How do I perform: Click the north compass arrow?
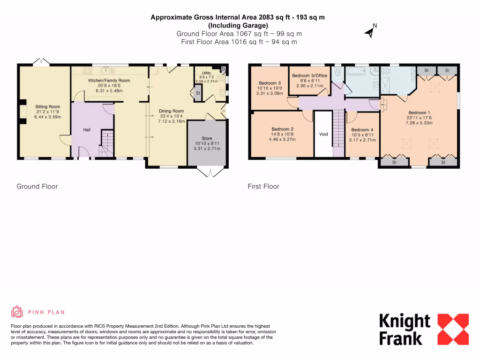(x=370, y=32)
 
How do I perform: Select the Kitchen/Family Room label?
(x=109, y=81)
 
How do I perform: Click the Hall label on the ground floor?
(x=87, y=129)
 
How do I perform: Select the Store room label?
(x=207, y=138)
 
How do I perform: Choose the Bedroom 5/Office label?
(x=310, y=75)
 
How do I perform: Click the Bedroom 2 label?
(x=282, y=129)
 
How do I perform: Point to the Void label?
(x=323, y=134)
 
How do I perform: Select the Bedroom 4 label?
(x=362, y=130)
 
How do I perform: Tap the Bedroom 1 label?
(x=420, y=112)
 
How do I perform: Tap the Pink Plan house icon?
(x=17, y=312)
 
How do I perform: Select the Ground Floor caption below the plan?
(x=37, y=187)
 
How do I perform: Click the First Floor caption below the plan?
(x=263, y=187)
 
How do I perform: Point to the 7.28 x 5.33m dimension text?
(x=420, y=123)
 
